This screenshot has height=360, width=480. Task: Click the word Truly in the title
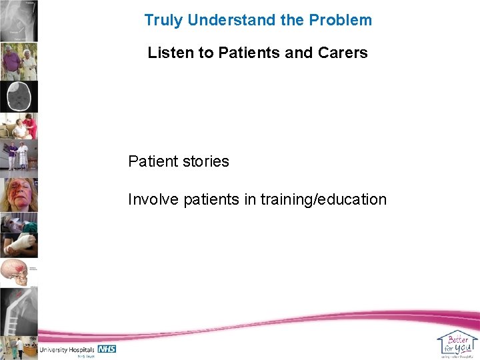click(x=163, y=20)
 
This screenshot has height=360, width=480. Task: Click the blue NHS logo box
click(x=107, y=349)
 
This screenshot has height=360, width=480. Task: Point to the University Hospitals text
click(x=67, y=349)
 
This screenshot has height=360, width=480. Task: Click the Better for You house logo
click(x=457, y=343)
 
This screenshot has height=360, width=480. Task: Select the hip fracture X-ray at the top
click(x=19, y=21)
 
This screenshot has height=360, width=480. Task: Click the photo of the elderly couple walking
click(x=19, y=61)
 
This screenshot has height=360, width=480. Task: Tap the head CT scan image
click(x=19, y=97)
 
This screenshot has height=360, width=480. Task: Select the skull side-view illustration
click(x=19, y=273)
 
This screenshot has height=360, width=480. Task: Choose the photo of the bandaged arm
click(x=19, y=244)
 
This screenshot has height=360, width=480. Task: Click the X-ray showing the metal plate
click(x=19, y=310)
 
